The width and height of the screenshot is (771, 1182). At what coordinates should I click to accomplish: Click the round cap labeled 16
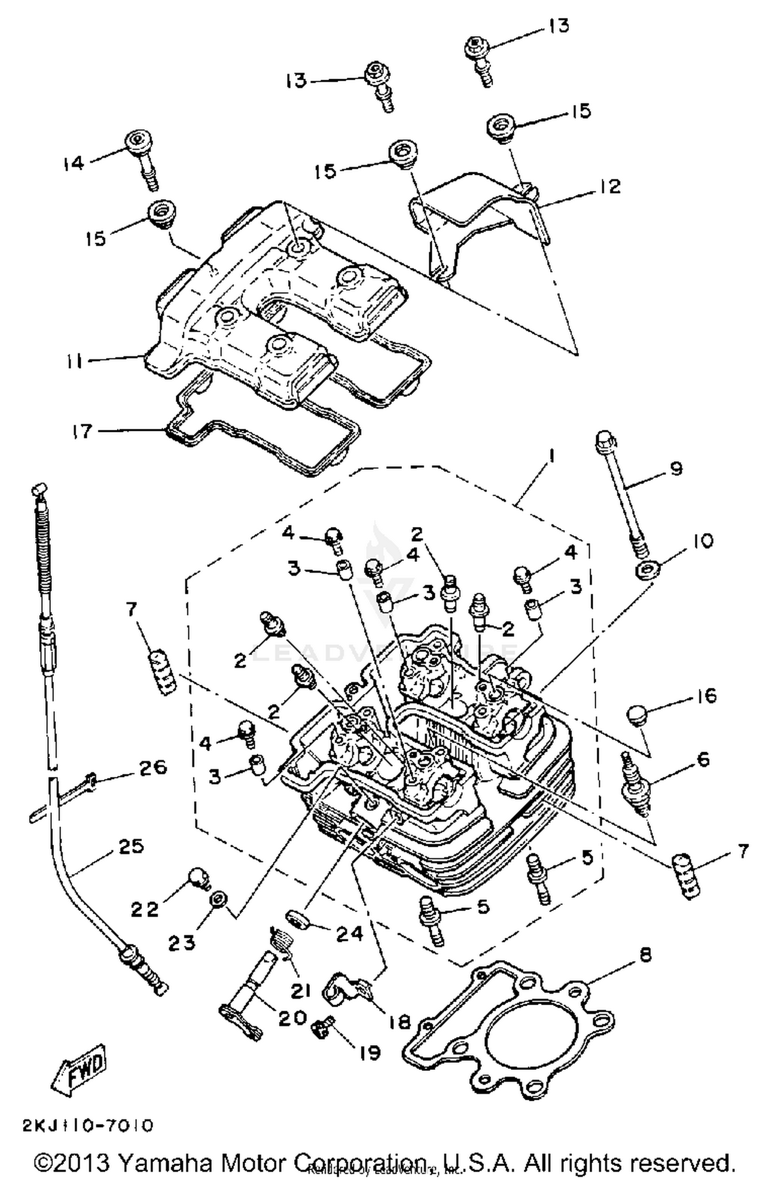click(636, 715)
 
